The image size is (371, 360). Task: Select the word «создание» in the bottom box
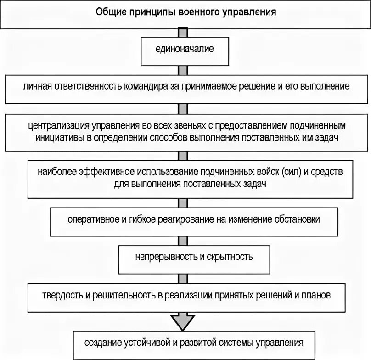coord(103,343)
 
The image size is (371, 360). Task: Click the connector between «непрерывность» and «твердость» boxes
coord(183,278)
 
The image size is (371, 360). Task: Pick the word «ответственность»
coord(84,86)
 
